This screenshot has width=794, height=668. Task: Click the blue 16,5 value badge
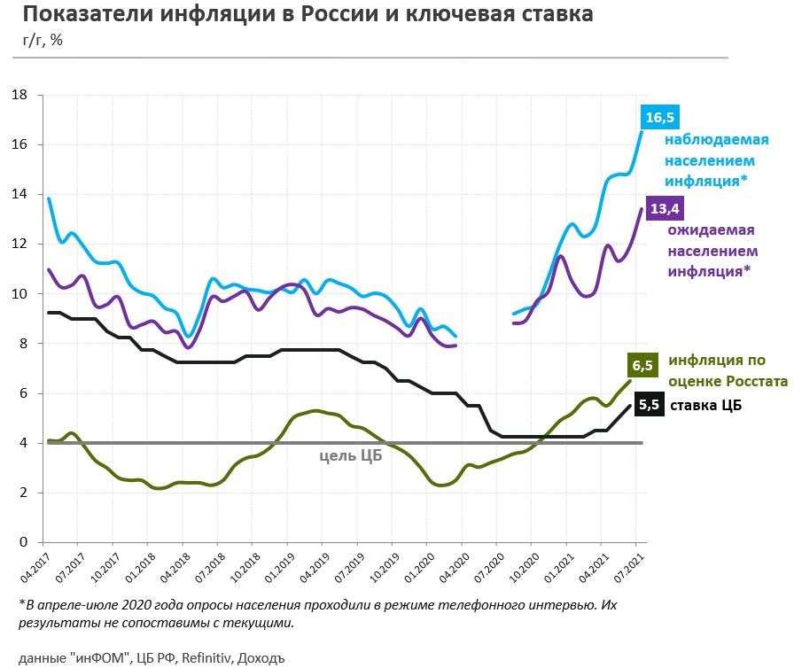[x=659, y=117]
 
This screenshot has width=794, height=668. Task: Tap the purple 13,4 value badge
[x=666, y=209]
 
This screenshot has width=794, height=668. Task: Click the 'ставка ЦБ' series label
[x=706, y=405]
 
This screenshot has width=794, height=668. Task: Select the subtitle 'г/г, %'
[x=43, y=40]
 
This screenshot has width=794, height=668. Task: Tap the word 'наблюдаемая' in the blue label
[x=717, y=140]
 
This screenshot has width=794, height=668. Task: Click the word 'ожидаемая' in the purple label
[x=711, y=231]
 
